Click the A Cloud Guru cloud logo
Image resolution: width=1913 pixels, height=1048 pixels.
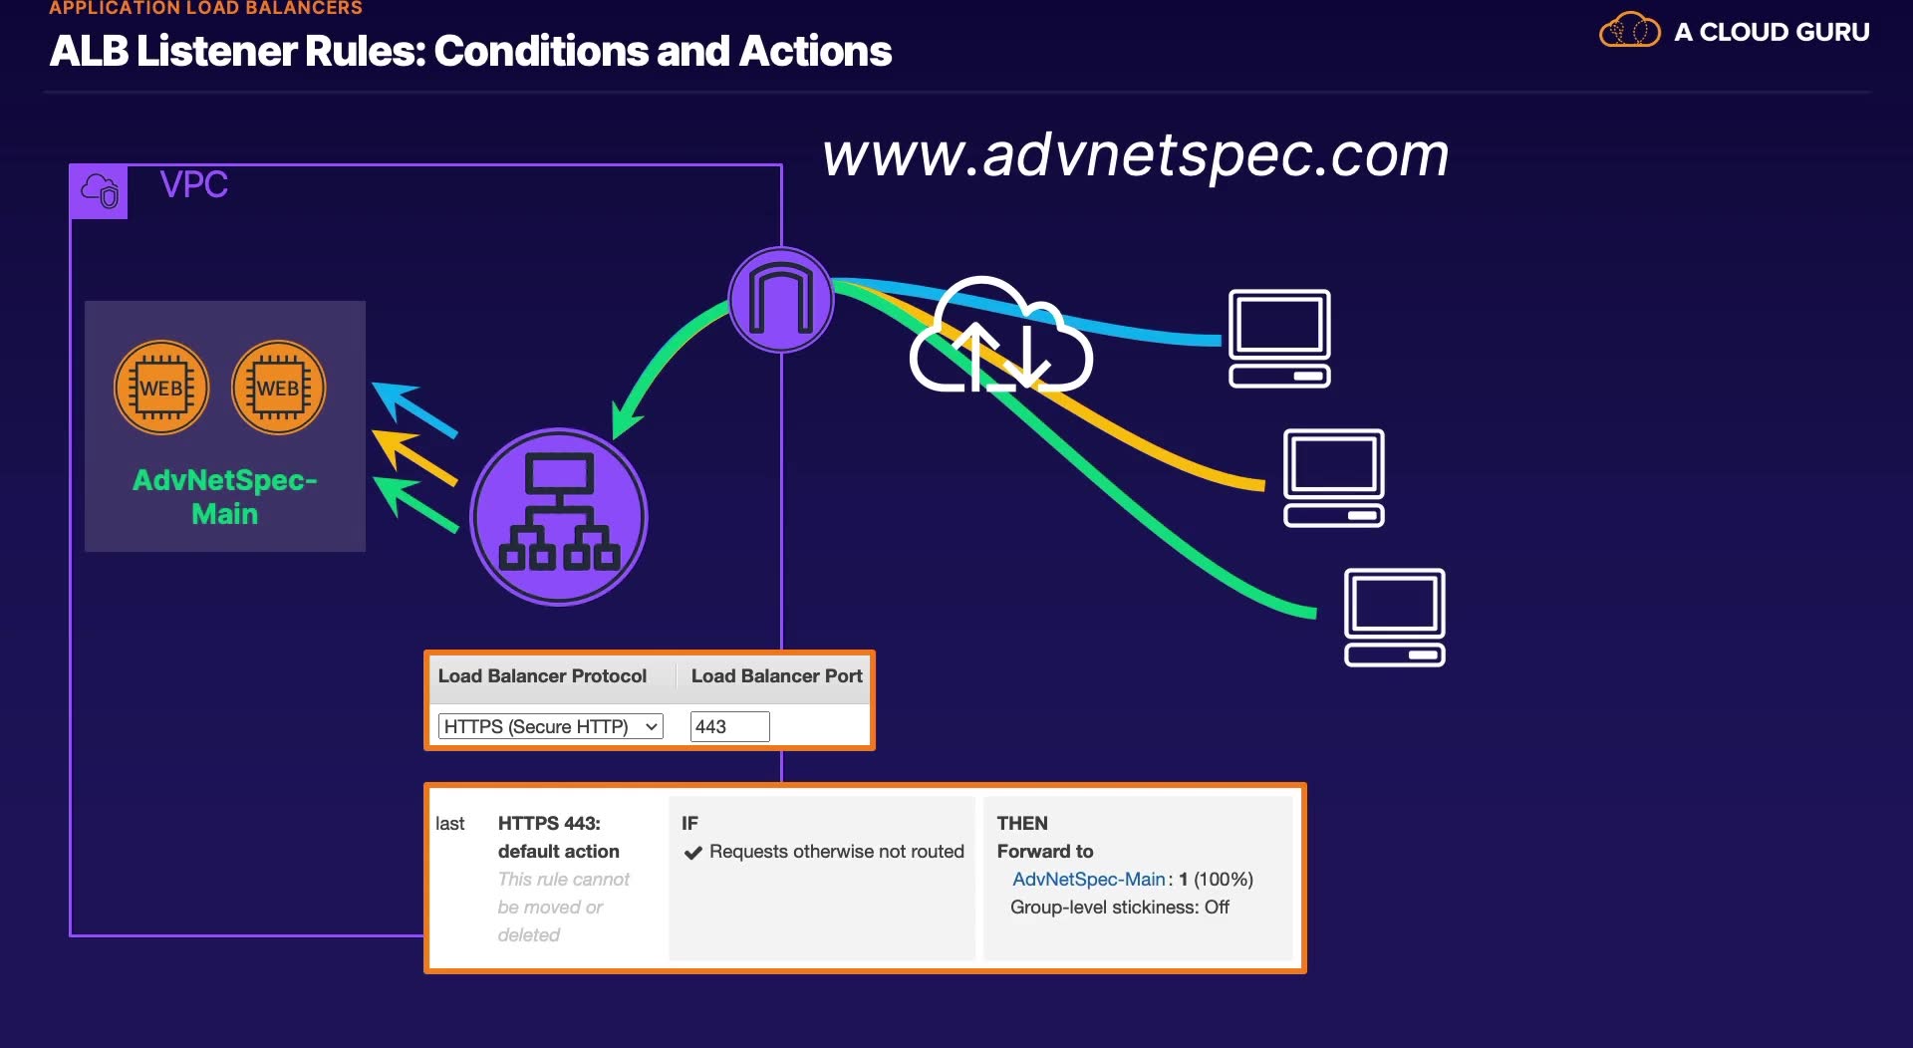coord(1630,30)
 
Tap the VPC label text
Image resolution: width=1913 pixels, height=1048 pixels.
coord(194,184)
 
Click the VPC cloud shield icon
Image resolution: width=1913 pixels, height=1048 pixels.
coord(99,190)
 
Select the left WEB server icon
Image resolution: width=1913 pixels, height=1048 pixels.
coord(161,388)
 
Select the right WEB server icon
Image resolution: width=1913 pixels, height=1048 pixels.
coord(279,388)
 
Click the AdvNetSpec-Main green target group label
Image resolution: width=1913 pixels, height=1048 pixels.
coord(225,496)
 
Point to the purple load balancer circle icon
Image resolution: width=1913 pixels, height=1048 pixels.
coord(559,516)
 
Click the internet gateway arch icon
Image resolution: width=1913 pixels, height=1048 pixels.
coord(781,299)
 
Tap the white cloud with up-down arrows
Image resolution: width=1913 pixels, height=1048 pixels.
coord(1000,335)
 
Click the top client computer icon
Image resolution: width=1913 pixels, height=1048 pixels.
coord(1280,338)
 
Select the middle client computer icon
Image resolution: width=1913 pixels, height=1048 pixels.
coord(1334,477)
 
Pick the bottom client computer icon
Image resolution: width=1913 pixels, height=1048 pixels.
coord(1395,617)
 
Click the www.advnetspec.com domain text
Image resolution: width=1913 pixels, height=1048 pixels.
coord(1136,156)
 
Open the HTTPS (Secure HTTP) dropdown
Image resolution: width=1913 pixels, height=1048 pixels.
coord(551,726)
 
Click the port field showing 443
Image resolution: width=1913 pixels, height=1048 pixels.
coord(730,726)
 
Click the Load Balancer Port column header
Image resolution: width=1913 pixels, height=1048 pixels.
coord(777,675)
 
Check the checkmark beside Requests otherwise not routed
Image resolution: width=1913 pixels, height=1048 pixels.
coord(693,853)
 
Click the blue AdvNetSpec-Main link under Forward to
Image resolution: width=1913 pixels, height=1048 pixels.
coord(1089,879)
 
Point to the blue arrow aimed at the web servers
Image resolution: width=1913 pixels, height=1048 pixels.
coord(414,409)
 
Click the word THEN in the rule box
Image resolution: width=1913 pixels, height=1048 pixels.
coord(1022,823)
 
